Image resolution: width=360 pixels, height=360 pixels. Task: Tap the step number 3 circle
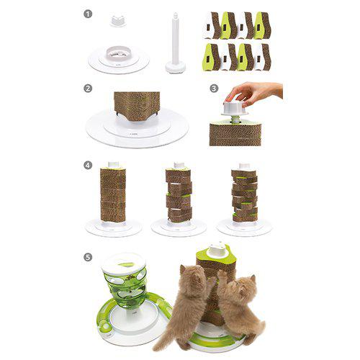click(214, 89)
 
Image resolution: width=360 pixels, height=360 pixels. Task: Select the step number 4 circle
click(87, 164)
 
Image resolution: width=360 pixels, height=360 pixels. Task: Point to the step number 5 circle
click(87, 256)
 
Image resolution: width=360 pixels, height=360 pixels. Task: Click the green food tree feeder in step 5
click(123, 285)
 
